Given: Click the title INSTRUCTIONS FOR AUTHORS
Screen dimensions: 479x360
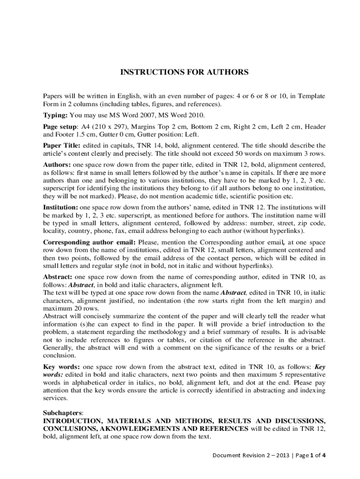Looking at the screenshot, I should click(x=185, y=73).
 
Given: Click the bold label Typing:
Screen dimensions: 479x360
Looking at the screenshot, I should click(x=56, y=115).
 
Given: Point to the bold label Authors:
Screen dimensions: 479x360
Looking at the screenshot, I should click(x=58, y=165).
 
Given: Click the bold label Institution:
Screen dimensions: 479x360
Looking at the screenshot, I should click(x=61, y=206).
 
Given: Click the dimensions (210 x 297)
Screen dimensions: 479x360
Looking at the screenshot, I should click(x=111, y=126).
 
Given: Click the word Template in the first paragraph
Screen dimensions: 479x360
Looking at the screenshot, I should click(x=311, y=96).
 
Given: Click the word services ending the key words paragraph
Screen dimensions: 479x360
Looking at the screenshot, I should click(x=55, y=399).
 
